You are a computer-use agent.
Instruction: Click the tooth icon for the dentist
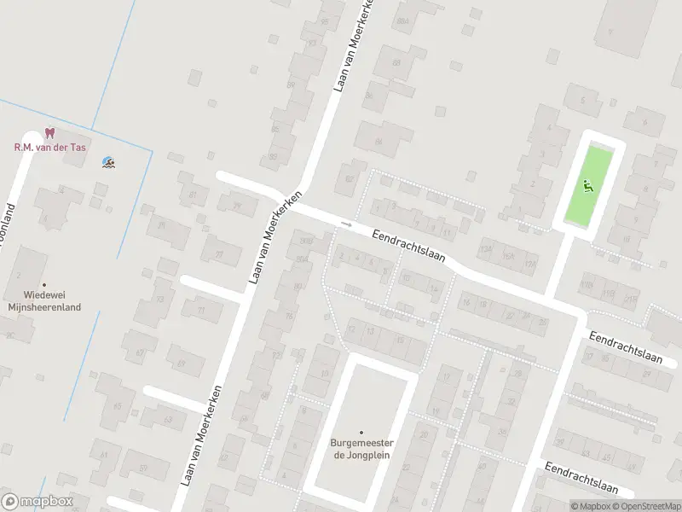[49, 133]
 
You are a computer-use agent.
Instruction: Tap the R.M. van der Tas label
[49, 147]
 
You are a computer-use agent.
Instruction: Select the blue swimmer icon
[108, 162]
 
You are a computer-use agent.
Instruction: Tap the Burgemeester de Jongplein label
[361, 449]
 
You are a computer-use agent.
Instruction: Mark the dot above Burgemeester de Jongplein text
[361, 433]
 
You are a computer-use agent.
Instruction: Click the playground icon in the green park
[587, 183]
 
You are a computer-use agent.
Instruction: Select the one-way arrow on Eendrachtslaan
[345, 224]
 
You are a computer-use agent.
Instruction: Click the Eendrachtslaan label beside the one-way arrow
[409, 250]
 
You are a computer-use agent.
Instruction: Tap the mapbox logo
[37, 502]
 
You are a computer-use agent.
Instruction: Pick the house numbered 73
[159, 301]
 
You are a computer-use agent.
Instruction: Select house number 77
[219, 254]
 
